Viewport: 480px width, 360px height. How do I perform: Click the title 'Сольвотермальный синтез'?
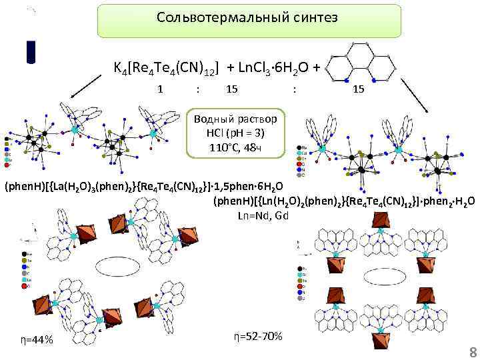point(248,17)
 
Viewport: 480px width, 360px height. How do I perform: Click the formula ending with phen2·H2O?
point(344,201)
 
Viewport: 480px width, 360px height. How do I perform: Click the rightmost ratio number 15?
point(359,88)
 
